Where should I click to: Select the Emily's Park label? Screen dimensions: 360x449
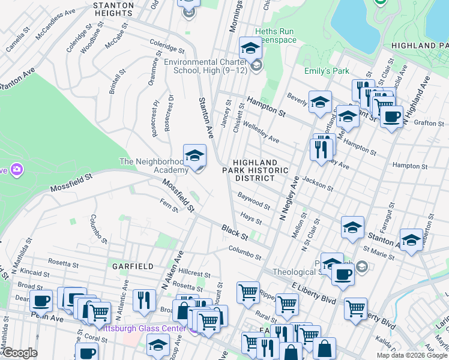click(x=327, y=71)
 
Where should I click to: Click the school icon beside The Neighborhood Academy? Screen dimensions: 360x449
click(x=194, y=157)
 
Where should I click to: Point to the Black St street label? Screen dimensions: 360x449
click(x=234, y=230)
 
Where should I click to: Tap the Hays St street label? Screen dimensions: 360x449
click(x=252, y=218)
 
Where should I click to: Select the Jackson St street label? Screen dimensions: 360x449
click(x=318, y=183)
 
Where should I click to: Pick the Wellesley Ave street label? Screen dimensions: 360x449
click(x=261, y=134)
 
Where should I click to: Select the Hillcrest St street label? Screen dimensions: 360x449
click(x=194, y=274)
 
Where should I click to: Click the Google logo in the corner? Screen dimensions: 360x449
click(x=20, y=352)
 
